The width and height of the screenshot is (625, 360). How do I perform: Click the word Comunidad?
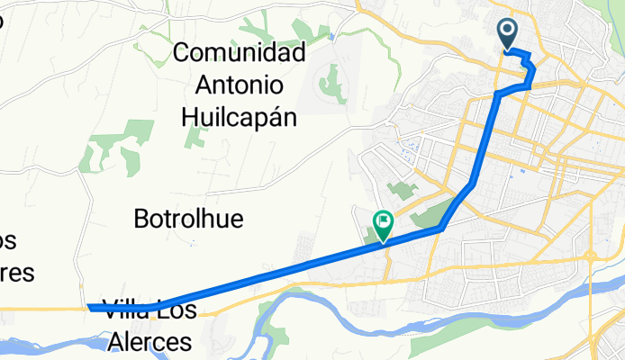pyautogui.click(x=240, y=51)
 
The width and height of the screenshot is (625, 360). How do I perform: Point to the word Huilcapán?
pyautogui.click(x=240, y=116)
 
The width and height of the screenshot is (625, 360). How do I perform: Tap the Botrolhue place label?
pyautogui.click(x=188, y=218)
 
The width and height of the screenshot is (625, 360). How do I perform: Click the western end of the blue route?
pyautogui.click(x=90, y=308)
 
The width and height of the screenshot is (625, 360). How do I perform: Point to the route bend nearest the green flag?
pyautogui.click(x=440, y=229)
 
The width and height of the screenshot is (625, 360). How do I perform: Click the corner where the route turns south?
pyautogui.click(x=498, y=93)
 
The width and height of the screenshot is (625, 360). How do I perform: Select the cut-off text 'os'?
pyautogui.click(x=9, y=241)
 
